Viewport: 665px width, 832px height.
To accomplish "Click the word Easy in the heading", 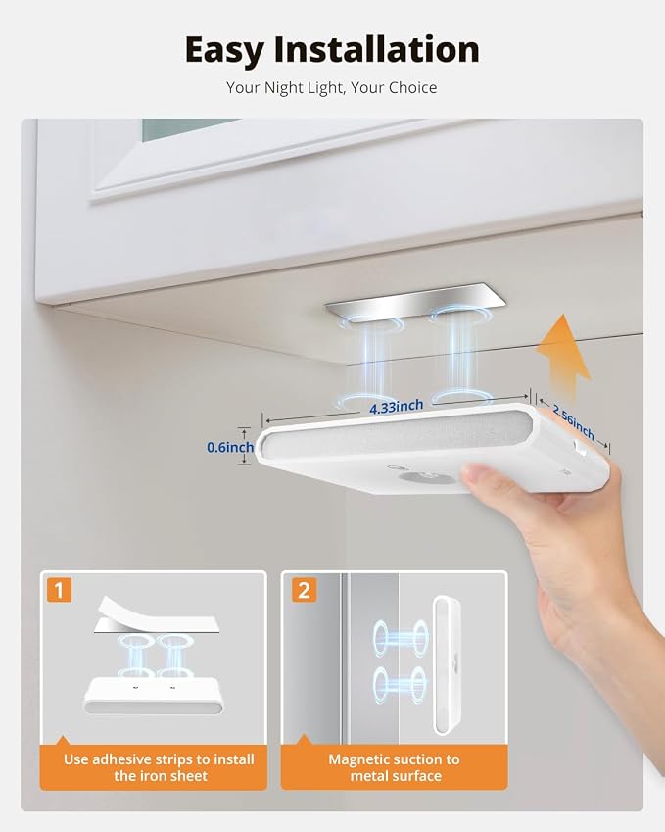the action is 224,50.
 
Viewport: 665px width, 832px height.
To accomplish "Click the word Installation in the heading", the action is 376,49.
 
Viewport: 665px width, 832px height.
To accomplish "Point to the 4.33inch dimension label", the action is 396,407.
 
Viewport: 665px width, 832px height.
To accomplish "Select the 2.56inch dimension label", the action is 573,421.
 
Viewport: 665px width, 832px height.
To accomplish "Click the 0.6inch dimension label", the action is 230,447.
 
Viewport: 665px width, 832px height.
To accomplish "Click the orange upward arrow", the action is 564,356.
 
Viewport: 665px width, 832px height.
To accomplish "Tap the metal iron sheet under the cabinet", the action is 414,303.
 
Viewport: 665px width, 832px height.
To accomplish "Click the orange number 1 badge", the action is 59,590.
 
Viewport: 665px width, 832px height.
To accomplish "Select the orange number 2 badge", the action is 304,590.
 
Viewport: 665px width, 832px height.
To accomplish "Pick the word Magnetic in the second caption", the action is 355,759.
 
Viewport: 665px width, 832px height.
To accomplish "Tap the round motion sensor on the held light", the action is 427,476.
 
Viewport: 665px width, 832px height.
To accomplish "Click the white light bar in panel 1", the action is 154,696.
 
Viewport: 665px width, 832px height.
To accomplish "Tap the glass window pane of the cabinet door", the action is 186,129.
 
